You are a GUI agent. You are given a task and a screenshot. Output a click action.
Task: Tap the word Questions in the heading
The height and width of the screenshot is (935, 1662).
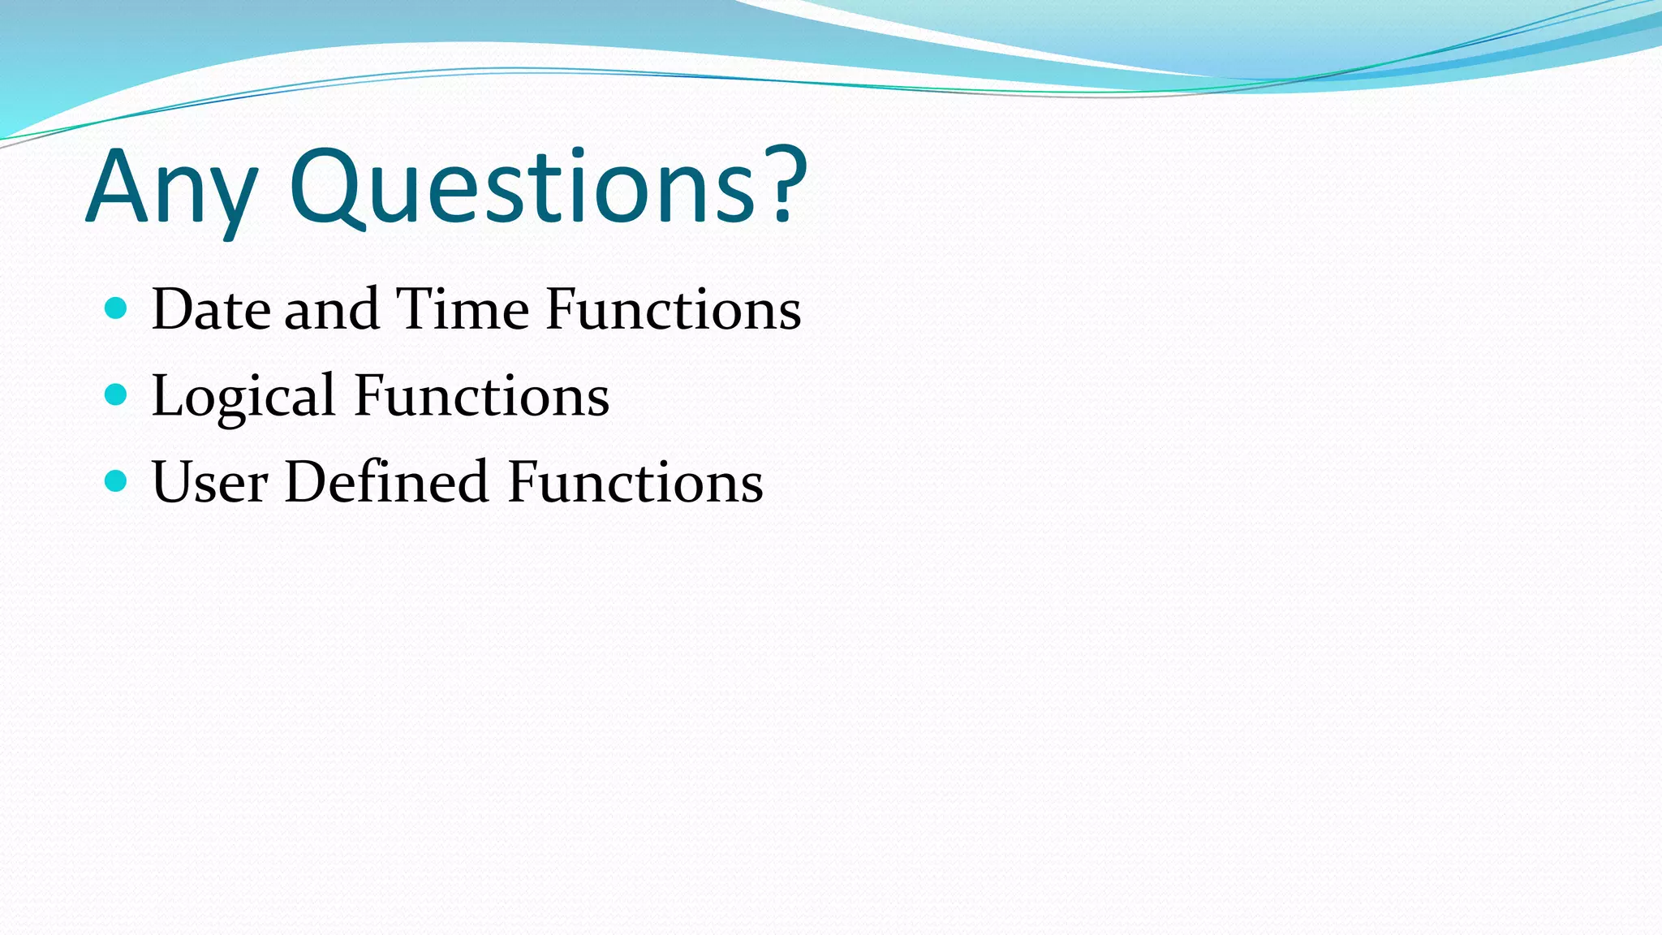coord(523,188)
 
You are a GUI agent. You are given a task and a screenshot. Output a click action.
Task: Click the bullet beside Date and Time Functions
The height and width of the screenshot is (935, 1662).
coord(117,308)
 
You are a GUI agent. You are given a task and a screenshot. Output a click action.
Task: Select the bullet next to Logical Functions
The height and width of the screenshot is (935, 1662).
coord(117,395)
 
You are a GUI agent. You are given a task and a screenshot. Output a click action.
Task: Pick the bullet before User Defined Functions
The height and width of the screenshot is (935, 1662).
coord(117,481)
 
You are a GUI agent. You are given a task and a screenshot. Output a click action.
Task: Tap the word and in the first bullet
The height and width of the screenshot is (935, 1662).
coord(332,310)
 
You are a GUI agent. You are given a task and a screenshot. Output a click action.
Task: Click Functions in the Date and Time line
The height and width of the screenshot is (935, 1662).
coord(673,310)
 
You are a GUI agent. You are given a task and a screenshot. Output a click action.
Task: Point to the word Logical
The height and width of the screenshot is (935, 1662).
coord(243,397)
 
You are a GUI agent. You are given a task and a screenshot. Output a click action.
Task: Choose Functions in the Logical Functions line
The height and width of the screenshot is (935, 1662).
coord(481,397)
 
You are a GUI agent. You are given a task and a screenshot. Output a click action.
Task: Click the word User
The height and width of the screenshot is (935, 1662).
coord(209,483)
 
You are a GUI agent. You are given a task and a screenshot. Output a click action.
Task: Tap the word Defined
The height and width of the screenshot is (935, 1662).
coord(386,483)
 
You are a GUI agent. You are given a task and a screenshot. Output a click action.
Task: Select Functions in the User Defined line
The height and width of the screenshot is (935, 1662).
coord(635,483)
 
